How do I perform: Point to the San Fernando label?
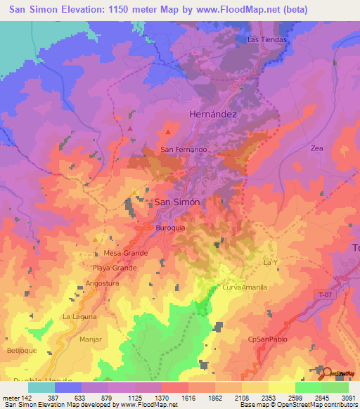pyautogui.click(x=184, y=150)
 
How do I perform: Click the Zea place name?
pyautogui.click(x=316, y=148)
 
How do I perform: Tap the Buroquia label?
pyautogui.click(x=169, y=228)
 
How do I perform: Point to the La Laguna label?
pyautogui.click(x=79, y=317)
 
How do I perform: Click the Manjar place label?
pyautogui.click(x=91, y=339)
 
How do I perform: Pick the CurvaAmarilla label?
pyautogui.click(x=245, y=288)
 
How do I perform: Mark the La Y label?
pyautogui.click(x=271, y=262)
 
